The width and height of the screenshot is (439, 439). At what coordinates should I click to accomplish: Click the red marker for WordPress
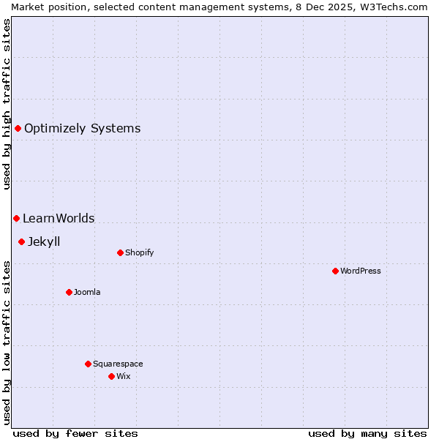335,271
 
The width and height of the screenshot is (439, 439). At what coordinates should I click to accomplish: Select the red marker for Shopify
120,252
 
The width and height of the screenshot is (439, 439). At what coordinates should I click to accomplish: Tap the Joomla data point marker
69,292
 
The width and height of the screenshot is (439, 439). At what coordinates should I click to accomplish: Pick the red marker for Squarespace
88,364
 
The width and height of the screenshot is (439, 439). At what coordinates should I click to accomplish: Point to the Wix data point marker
111,376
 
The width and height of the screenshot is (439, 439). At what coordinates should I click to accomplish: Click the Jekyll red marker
21,241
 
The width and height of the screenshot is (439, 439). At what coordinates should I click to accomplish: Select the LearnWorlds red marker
16,218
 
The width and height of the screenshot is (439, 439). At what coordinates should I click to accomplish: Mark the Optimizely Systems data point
18,129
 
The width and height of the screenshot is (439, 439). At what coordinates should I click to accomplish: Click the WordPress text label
360,271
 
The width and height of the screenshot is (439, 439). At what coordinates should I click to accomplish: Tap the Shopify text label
139,252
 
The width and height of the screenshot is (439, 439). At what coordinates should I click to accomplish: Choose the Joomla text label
87,292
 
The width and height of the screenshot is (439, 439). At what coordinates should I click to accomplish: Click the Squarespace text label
118,364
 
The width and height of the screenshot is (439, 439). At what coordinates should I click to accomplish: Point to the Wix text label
123,376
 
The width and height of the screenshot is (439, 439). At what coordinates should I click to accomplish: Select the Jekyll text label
44,241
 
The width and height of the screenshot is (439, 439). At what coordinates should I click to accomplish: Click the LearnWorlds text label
59,218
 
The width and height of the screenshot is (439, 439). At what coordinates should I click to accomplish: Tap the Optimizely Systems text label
82,129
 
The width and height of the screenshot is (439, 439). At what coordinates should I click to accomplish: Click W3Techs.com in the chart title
394,7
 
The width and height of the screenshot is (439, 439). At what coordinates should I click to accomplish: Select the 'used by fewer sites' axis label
75,433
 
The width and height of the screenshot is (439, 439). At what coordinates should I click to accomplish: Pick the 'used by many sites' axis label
367,433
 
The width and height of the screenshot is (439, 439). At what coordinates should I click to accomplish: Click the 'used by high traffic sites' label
7,104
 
